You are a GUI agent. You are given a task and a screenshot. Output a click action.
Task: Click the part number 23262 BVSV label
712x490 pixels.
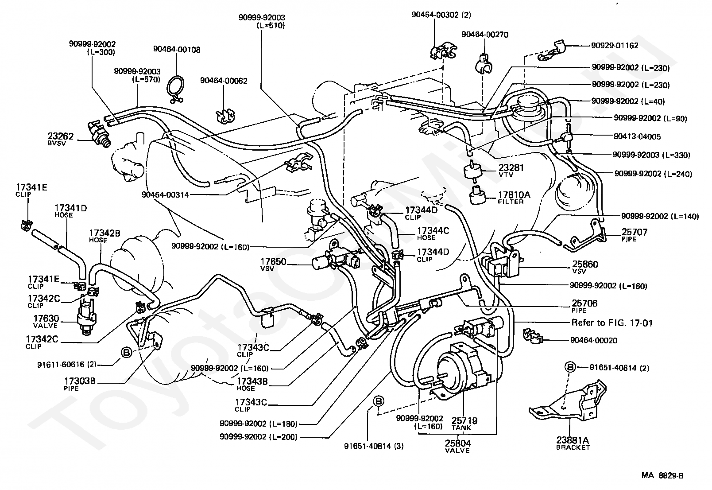[x=60, y=139]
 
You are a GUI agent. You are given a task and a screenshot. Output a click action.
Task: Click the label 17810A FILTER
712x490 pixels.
[x=514, y=198]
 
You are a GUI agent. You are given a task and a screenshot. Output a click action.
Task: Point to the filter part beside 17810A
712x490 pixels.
[x=478, y=196]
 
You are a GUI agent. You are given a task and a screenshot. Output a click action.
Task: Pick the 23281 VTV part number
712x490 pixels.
[x=511, y=170]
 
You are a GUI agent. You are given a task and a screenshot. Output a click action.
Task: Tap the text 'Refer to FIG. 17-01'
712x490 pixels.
[x=612, y=323]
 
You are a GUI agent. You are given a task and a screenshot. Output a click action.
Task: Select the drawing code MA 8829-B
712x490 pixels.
[x=662, y=475]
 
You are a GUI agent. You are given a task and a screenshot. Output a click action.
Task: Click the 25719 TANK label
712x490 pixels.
[x=464, y=424]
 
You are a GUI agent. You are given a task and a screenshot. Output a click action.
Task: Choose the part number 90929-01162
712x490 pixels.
[x=615, y=46]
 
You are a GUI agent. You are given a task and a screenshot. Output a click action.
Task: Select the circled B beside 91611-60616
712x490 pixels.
[x=127, y=352]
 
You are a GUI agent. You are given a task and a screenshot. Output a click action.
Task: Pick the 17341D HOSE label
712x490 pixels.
[x=70, y=211]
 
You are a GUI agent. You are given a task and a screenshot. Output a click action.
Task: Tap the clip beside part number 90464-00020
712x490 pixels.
[x=533, y=335]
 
